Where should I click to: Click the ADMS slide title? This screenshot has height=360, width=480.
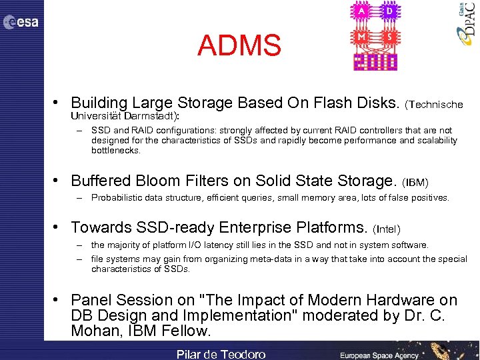[239, 46]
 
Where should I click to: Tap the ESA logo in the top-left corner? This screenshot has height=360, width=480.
[21, 23]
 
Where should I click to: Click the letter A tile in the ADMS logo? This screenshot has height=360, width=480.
[361, 11]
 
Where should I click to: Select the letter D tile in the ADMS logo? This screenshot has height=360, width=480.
[389, 11]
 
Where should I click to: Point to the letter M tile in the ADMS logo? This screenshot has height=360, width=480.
[361, 37]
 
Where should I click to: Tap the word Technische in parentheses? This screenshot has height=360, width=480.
[437, 105]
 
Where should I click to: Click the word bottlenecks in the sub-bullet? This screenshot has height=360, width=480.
[116, 151]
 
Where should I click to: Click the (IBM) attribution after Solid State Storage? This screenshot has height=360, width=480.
[416, 182]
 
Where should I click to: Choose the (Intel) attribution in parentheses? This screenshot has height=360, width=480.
[387, 229]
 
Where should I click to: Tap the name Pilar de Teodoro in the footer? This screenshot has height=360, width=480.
[221, 354]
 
